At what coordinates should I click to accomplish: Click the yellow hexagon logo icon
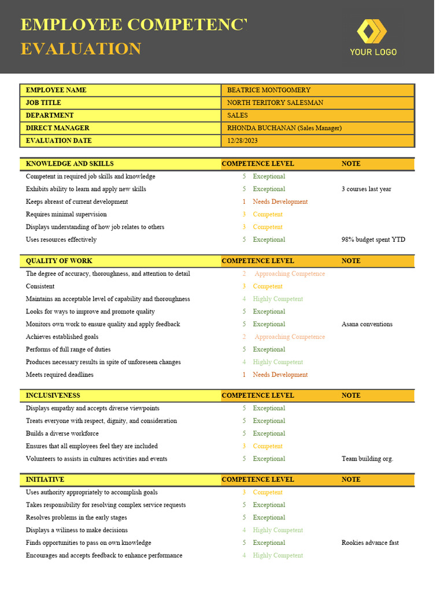[x=371, y=31]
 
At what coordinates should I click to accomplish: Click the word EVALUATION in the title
[x=81, y=49]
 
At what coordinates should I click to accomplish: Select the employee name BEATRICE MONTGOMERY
[x=268, y=90]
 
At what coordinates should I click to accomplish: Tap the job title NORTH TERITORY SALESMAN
[x=275, y=103]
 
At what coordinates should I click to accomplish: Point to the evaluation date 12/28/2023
[x=243, y=141]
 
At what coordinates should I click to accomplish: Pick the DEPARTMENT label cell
[x=50, y=115]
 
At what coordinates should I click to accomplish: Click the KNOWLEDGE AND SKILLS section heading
[x=69, y=164]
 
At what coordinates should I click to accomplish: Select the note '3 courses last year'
[x=366, y=189]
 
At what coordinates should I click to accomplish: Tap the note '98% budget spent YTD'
[x=373, y=240]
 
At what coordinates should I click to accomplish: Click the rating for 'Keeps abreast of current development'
[x=280, y=202]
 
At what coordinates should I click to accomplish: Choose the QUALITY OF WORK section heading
[x=59, y=261]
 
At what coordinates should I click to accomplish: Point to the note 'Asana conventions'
[x=367, y=324]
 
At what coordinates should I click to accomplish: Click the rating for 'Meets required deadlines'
[x=280, y=375]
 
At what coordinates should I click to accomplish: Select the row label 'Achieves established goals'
[x=62, y=337]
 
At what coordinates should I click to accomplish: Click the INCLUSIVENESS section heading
[x=53, y=395]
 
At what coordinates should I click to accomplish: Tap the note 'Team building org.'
[x=367, y=459]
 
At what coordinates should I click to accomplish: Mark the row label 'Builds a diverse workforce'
[x=62, y=433]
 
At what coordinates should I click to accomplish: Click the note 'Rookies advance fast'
[x=370, y=543]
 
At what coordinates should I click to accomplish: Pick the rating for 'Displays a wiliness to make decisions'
[x=277, y=530]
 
